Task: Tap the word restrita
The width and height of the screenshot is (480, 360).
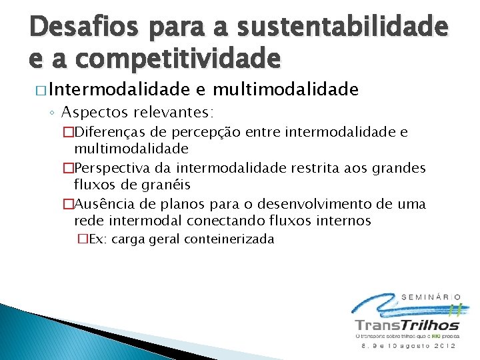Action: pyautogui.click(x=314, y=168)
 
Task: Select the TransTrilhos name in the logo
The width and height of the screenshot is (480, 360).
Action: pyautogui.click(x=407, y=325)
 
